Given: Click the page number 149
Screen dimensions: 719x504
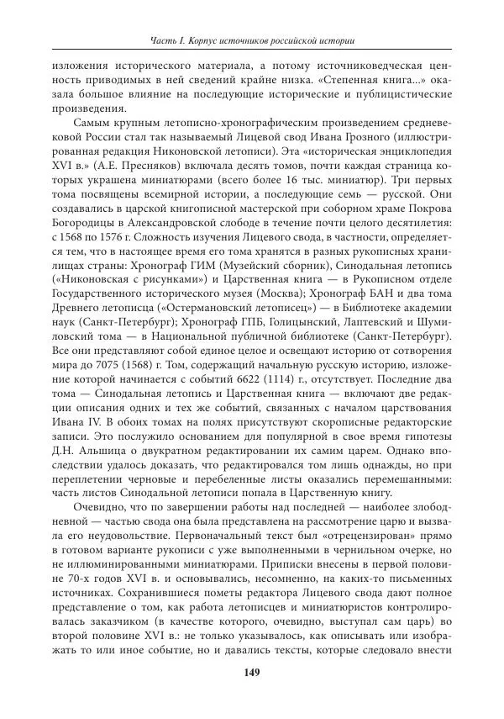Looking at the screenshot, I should [x=251, y=672].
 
